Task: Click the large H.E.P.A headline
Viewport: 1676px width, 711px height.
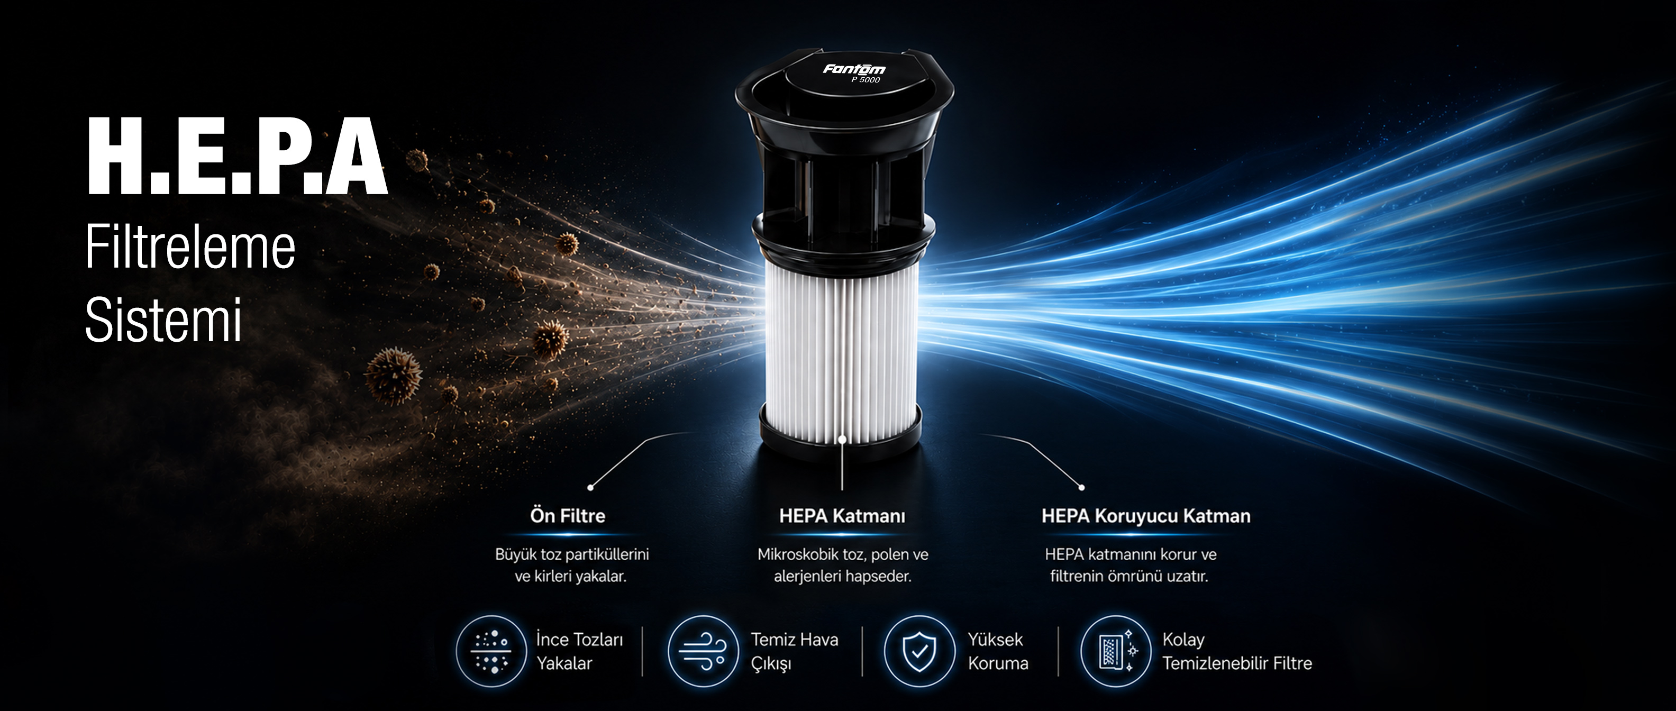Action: (238, 156)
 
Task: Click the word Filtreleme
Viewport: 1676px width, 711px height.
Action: (190, 247)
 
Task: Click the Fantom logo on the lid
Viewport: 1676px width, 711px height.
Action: (854, 68)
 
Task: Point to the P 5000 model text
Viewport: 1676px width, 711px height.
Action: (866, 80)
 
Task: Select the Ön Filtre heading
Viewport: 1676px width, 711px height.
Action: (567, 516)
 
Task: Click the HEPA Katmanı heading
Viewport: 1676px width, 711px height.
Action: (842, 516)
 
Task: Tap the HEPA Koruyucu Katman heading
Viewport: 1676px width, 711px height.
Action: (1146, 516)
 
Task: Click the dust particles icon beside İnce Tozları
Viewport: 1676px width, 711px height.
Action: (491, 651)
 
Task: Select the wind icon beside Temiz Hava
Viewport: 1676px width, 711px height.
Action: (703, 651)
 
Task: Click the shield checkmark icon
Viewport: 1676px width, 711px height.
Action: (918, 651)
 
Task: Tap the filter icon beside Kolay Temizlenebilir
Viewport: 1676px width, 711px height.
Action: (1116, 651)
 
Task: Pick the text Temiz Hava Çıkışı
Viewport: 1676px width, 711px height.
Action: (795, 651)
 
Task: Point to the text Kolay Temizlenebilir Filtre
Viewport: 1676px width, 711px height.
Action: (1237, 651)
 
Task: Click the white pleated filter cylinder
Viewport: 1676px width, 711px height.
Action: (842, 351)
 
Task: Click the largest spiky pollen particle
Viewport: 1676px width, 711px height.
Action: (393, 376)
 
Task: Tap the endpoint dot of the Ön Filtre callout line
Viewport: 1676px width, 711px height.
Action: (590, 487)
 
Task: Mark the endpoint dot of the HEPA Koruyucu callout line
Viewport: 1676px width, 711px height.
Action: (1081, 487)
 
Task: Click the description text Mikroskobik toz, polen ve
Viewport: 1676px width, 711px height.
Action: (843, 554)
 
